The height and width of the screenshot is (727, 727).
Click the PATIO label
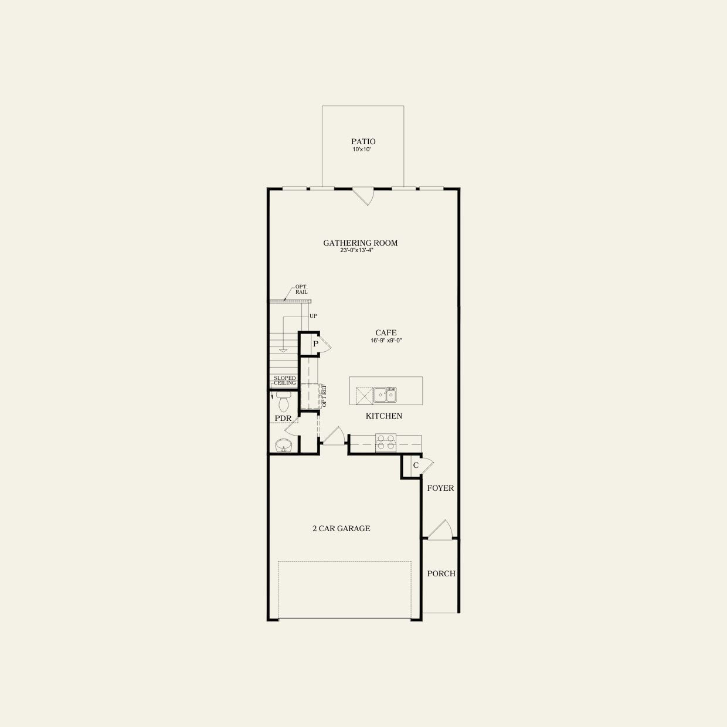tap(363, 141)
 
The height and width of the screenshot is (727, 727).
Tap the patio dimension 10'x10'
tap(362, 150)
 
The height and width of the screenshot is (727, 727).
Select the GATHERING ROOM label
tap(360, 243)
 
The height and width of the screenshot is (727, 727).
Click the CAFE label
tap(386, 332)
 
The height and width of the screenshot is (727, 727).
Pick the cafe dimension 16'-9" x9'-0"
tap(386, 341)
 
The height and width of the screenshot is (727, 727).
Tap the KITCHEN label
tap(383, 416)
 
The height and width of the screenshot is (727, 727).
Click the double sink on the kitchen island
tap(385, 395)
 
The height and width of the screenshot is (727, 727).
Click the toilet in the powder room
tap(283, 403)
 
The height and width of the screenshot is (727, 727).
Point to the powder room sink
tap(283, 445)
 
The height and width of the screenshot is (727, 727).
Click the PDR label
tap(283, 419)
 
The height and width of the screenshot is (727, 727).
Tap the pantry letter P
tap(315, 344)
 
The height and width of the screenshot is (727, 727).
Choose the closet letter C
tap(415, 466)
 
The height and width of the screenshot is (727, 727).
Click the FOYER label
tap(440, 488)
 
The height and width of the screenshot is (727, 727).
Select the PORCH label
tap(441, 573)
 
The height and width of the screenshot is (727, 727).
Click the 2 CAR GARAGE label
tap(341, 528)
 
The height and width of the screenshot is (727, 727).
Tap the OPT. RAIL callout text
tap(301, 290)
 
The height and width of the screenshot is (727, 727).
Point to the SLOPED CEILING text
tap(284, 381)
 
